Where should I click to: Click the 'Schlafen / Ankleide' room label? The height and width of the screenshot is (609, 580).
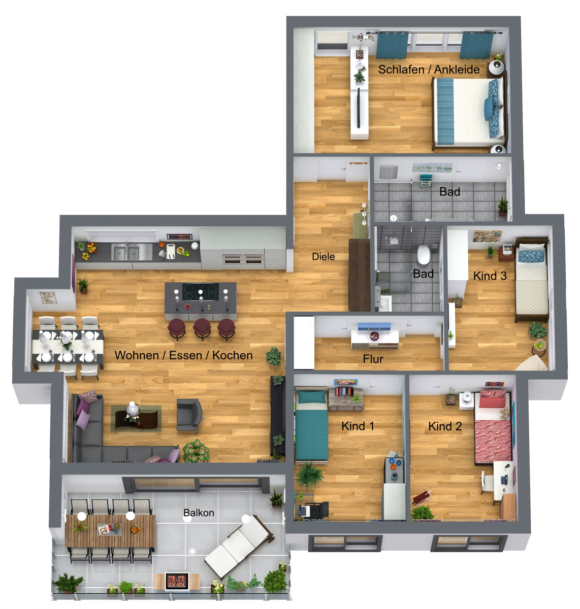click(429, 70)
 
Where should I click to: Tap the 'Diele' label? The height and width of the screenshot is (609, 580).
click(323, 256)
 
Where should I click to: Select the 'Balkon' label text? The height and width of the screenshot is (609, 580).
click(199, 513)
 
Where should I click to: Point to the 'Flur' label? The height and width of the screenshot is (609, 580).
click(373, 359)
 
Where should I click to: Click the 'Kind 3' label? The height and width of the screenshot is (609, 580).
click(490, 276)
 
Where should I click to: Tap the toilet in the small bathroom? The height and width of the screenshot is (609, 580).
click(423, 255)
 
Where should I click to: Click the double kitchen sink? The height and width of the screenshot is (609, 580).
click(126, 252)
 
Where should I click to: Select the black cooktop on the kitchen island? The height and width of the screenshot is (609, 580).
click(200, 292)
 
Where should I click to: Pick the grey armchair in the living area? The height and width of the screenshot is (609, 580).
click(188, 416)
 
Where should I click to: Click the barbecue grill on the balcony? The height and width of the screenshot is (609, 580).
click(177, 581)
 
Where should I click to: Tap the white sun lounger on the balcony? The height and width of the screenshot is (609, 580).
click(239, 546)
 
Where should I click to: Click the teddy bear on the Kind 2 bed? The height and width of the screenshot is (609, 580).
click(505, 413)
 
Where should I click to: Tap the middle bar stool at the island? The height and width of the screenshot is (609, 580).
click(202, 328)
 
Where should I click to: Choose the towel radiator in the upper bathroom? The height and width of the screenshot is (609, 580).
click(388, 172)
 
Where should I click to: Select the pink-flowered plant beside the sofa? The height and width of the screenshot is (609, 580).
click(196, 451)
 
